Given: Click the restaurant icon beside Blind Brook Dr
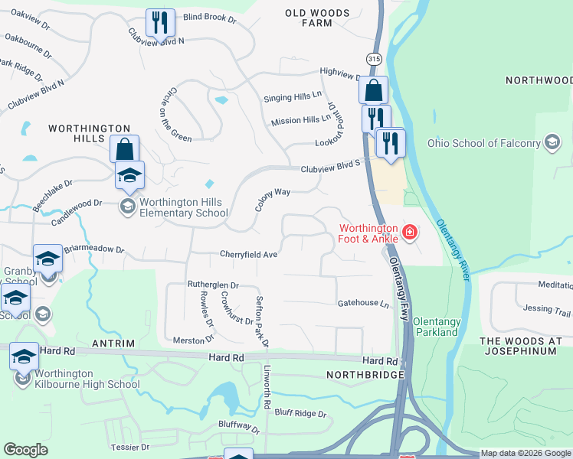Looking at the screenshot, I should click(x=160, y=23).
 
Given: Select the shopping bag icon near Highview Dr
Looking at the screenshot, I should click(x=373, y=90).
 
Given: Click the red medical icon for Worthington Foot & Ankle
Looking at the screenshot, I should click(x=410, y=232).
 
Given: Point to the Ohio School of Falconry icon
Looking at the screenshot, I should click(x=552, y=142).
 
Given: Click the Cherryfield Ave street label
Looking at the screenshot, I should click(x=248, y=254).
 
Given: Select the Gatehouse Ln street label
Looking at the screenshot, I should click(x=364, y=304).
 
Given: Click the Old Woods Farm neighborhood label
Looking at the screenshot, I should click(x=318, y=18).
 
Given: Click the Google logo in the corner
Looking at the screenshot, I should click(x=25, y=449).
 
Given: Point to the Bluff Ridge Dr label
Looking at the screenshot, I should click(x=300, y=413).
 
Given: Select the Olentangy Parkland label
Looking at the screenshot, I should click(x=436, y=327).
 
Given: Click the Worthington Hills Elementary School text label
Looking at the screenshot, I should click(x=183, y=207).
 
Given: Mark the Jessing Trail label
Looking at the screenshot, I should click(x=548, y=309).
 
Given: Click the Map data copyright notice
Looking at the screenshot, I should click(x=526, y=454).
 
